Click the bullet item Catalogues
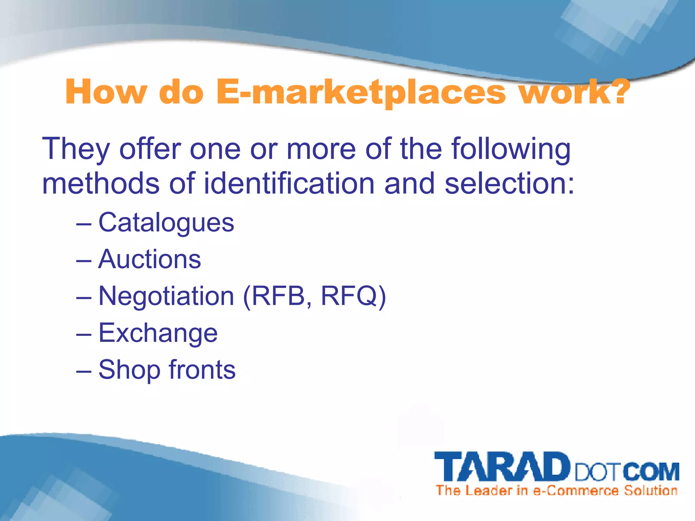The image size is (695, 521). pos(166,223)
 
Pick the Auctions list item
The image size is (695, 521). pos(149,259)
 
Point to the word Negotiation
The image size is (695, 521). pos(166,296)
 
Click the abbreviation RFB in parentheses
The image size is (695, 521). pos(278,296)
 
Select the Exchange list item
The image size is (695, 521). pos(158,333)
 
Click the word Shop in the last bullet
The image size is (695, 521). pos(129,370)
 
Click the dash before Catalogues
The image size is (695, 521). pos(83,224)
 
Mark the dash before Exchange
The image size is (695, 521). pos(83,334)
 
